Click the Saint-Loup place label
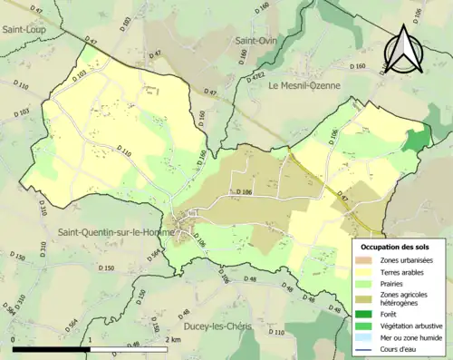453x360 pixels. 25,29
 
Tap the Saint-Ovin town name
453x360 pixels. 257,41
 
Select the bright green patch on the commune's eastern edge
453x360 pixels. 416,140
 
